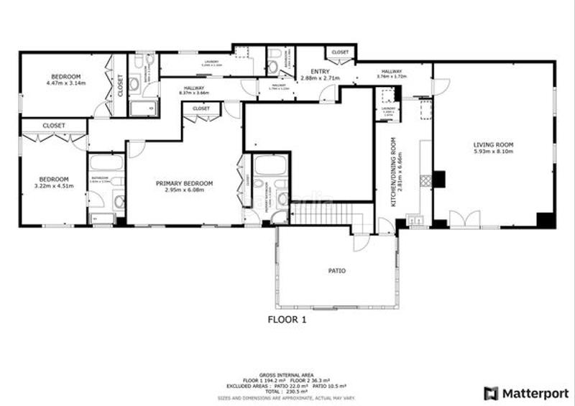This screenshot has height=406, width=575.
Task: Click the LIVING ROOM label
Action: click(493, 144)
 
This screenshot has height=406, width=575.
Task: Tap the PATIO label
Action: click(337, 271)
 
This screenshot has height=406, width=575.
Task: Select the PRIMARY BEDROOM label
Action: click(185, 183)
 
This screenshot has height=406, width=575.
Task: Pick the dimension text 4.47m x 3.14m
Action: click(65, 83)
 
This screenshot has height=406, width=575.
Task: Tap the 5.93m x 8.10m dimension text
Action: click(493, 152)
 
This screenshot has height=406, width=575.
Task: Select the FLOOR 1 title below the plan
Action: click(287, 320)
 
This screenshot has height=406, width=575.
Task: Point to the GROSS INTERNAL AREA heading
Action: click(287, 375)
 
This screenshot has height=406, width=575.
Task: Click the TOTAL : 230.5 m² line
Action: click(287, 391)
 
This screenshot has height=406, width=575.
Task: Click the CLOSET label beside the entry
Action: click(340, 52)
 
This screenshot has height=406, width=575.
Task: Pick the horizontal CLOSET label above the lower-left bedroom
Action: click(54, 125)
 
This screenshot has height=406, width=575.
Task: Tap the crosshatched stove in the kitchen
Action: click(425, 180)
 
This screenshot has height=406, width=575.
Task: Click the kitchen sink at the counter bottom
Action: click(415, 221)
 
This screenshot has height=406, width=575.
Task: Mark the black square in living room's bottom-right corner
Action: click(546, 220)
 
